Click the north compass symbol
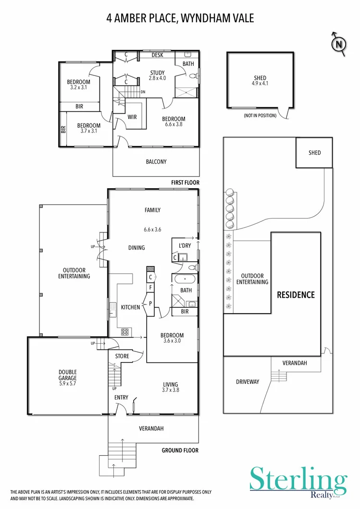click(x=339, y=45)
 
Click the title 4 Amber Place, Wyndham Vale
click(x=180, y=18)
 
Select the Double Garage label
click(x=68, y=375)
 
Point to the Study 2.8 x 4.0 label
click(x=157, y=75)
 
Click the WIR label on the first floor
click(x=133, y=116)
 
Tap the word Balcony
click(x=156, y=162)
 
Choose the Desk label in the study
click(x=157, y=55)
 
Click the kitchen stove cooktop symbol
click(x=125, y=331)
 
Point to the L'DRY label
click(x=185, y=246)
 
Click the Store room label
click(x=122, y=356)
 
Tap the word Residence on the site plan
click(x=296, y=294)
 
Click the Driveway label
click(x=248, y=382)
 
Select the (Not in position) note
click(x=260, y=116)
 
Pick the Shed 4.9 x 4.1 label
click(x=260, y=81)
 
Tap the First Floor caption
click(x=185, y=183)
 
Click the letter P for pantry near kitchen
click(x=150, y=303)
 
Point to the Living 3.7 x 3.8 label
click(x=170, y=387)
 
